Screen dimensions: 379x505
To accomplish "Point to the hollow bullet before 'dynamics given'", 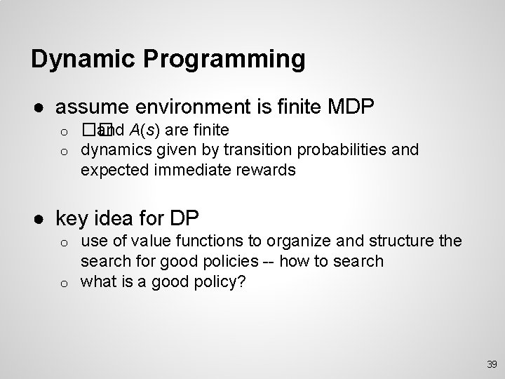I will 62,150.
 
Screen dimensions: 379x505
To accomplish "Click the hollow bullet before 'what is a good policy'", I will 62,283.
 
